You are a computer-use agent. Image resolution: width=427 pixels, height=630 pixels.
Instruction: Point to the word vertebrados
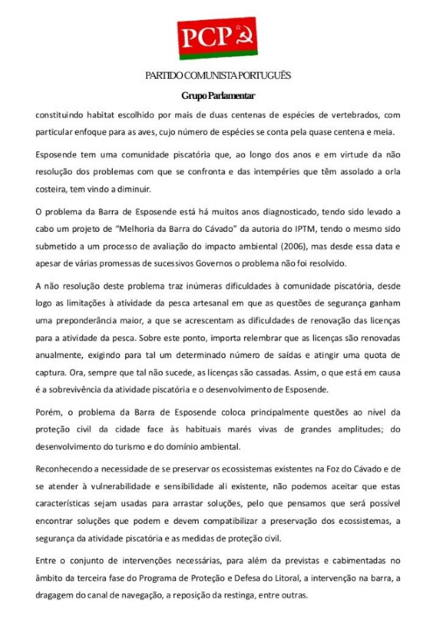pyautogui.click(x=344, y=114)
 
